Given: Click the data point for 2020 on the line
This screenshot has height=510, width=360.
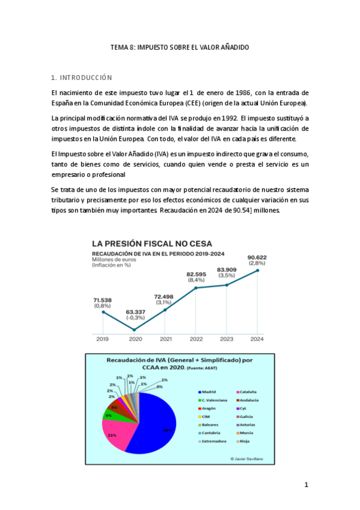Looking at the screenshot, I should click(134, 330).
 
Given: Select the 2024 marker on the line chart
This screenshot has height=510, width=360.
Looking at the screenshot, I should click(258, 271).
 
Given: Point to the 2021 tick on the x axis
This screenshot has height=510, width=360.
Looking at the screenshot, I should click(165, 339).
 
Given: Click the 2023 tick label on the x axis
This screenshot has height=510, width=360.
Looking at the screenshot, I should click(227, 339).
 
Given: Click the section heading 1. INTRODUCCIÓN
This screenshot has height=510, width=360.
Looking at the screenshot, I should click(82, 78).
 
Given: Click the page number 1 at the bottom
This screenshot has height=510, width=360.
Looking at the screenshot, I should click(306, 485).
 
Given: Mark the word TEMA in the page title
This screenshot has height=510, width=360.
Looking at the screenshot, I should click(119, 47).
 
